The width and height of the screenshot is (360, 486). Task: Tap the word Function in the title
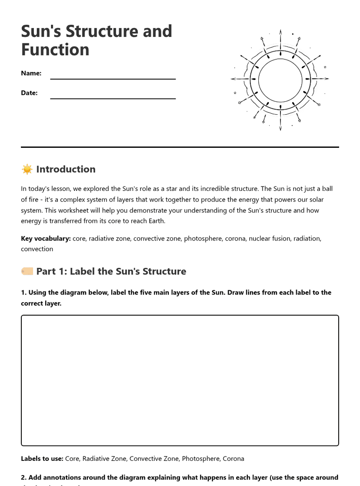tap(55, 50)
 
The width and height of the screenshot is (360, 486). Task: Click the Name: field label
tap(31, 73)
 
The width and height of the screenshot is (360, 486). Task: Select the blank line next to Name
tap(113, 78)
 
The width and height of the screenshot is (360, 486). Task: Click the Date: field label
tap(29, 93)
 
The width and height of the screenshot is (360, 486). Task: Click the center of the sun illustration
tap(280, 80)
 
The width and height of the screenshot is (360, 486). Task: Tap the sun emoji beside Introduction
tap(27, 169)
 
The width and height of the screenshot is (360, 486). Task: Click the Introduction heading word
tap(66, 169)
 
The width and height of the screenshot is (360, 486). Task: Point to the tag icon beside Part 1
tap(27, 271)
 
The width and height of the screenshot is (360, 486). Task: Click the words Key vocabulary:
tap(46, 238)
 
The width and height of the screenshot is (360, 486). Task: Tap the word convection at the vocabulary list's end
tap(37, 249)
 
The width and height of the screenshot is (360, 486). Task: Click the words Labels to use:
tap(42, 459)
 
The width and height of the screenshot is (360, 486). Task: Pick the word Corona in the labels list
tap(233, 459)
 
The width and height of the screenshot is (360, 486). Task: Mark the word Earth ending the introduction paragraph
tap(155, 221)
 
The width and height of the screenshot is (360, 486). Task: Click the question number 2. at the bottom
tap(24, 478)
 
